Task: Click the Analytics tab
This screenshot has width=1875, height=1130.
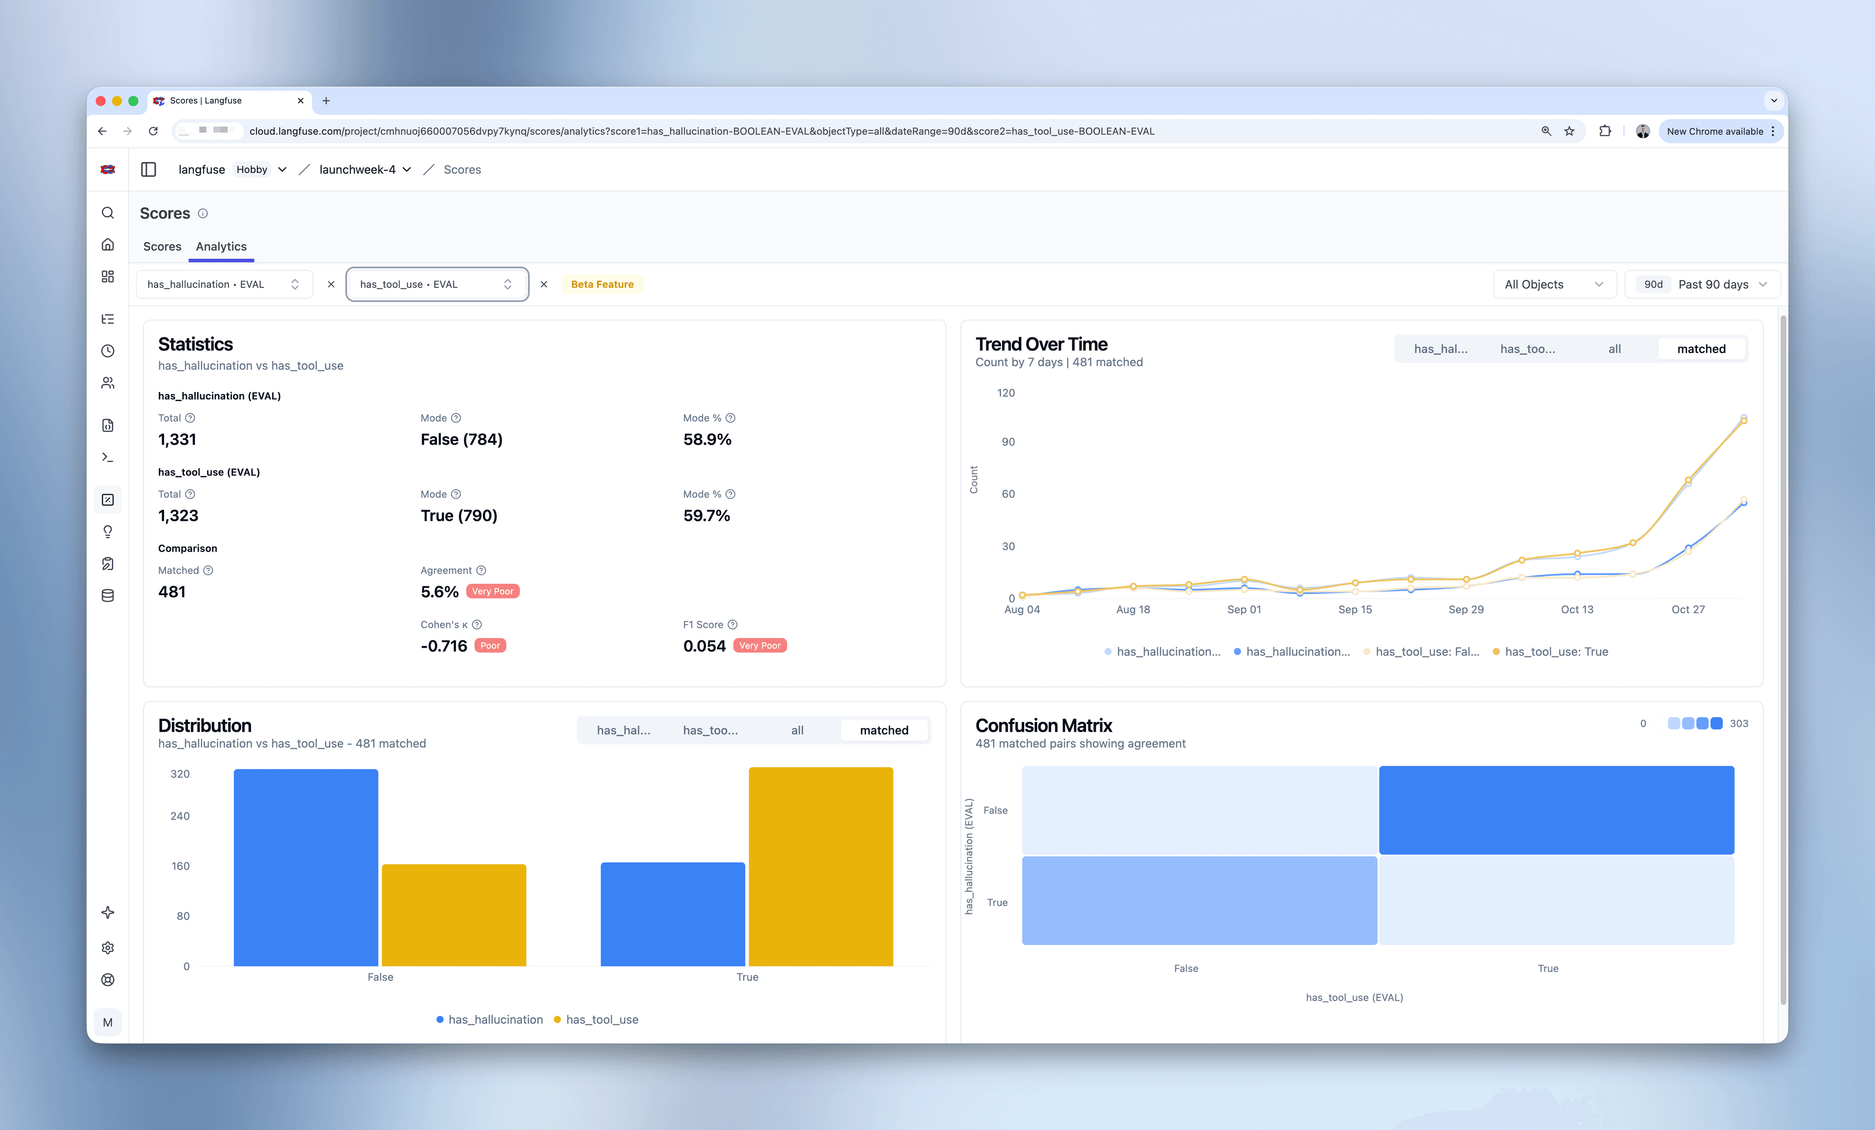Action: click(221, 247)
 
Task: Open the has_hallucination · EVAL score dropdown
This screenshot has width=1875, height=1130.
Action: click(224, 285)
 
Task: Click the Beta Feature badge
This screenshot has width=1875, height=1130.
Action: click(602, 285)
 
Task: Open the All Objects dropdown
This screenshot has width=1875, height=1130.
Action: click(1553, 285)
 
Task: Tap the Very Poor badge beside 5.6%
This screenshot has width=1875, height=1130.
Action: click(492, 591)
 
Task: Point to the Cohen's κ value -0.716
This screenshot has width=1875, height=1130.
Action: click(444, 646)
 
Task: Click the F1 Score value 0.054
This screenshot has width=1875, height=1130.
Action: click(704, 646)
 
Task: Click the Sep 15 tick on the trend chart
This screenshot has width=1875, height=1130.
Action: click(1354, 610)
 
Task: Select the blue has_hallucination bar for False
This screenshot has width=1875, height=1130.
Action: click(305, 867)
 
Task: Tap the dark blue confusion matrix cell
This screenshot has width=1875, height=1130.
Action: click(1556, 810)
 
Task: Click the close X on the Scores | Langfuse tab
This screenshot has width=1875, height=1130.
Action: click(301, 101)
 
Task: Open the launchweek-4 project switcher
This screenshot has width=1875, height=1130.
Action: click(364, 170)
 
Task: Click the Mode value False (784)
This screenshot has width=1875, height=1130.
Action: click(461, 440)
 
